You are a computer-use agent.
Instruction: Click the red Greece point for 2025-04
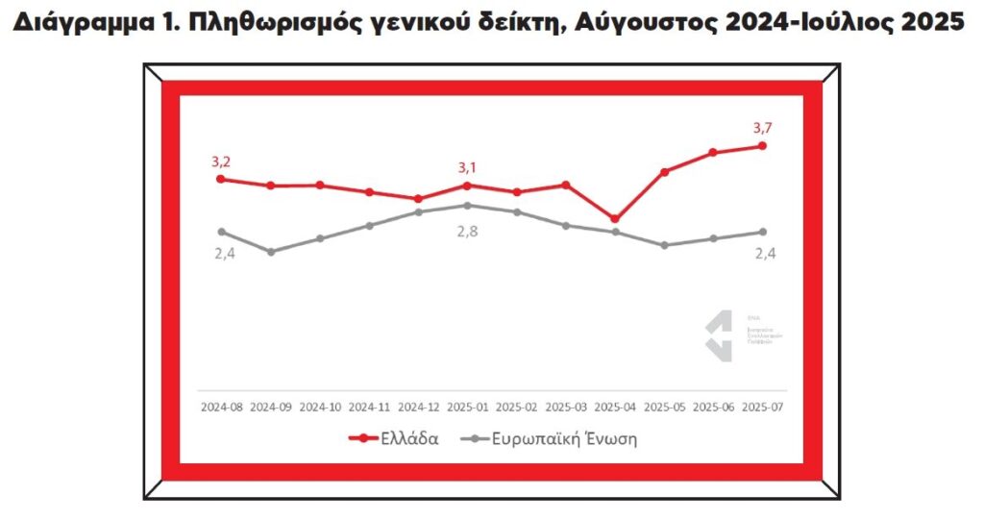(x=615, y=219)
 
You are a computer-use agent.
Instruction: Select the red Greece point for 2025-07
(x=762, y=146)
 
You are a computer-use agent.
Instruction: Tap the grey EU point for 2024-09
(x=271, y=252)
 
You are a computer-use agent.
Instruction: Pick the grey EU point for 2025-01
(x=467, y=205)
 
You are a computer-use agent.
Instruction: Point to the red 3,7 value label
(x=763, y=127)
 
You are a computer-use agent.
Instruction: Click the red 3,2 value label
(x=222, y=161)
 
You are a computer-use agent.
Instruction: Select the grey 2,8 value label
(x=467, y=232)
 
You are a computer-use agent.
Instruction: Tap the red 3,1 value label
(x=467, y=168)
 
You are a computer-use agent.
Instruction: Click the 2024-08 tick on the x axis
(x=221, y=407)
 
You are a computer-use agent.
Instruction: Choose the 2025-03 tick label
(x=565, y=407)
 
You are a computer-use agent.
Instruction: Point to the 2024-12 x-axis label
(x=418, y=407)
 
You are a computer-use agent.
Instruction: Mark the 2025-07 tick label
(x=762, y=407)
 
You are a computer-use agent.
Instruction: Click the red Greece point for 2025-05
(x=664, y=172)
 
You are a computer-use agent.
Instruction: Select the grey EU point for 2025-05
(x=664, y=245)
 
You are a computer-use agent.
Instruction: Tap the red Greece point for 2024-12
(x=418, y=199)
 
